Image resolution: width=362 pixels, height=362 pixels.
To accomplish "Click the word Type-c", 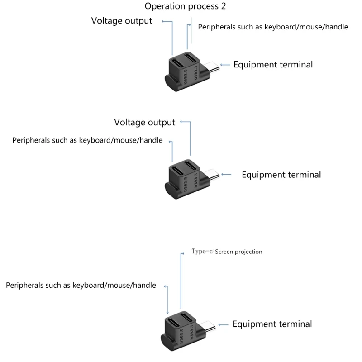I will tap(202, 251).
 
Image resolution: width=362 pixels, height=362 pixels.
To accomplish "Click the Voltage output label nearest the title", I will tap(122, 21).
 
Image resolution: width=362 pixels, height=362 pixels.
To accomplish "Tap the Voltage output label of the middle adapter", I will tap(144, 123).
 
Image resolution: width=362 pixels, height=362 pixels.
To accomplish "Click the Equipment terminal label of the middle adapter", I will tap(281, 175).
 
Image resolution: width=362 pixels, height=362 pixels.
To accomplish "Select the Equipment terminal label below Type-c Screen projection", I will tap(272, 324).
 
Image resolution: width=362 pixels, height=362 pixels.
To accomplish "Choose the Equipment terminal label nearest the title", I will tap(273, 64).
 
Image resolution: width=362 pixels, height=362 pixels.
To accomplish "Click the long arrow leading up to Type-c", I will tap(181, 281).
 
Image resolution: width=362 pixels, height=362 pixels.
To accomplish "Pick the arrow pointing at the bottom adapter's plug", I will tap(224, 324).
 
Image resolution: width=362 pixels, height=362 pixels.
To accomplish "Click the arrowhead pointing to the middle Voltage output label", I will tap(181, 122).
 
